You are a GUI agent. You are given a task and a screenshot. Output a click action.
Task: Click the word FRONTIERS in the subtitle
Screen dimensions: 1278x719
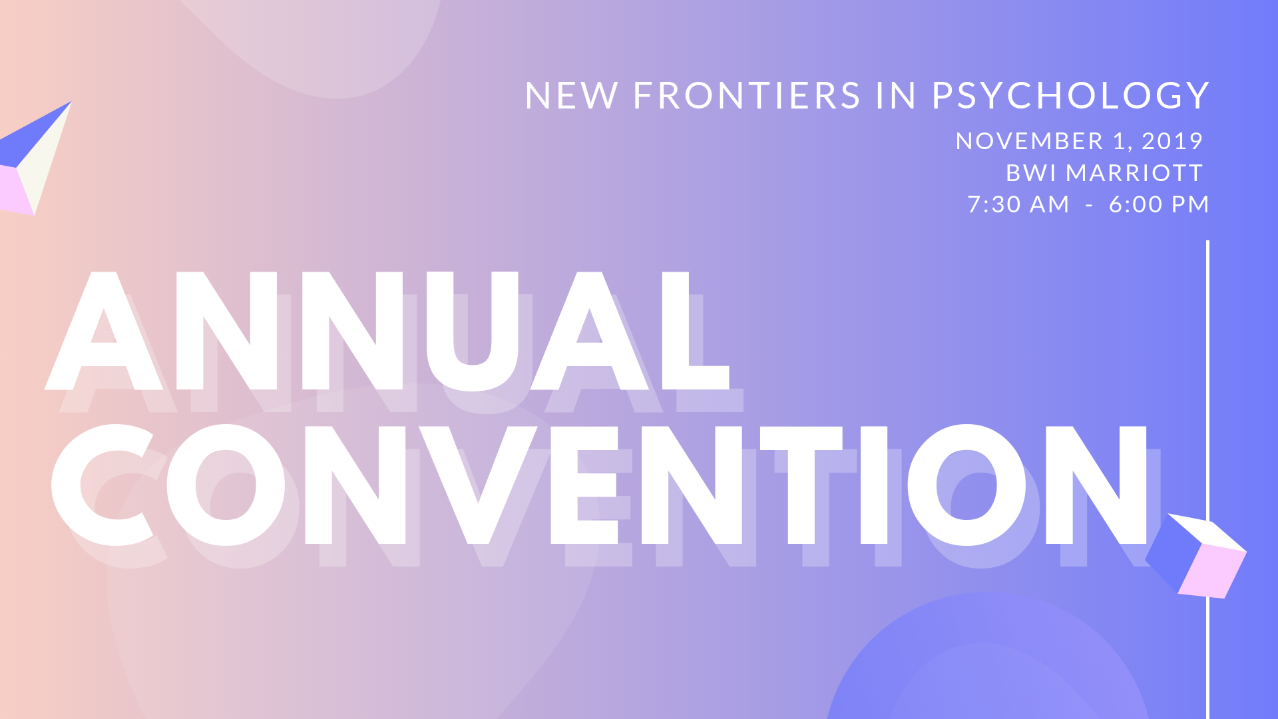pyautogui.click(x=747, y=96)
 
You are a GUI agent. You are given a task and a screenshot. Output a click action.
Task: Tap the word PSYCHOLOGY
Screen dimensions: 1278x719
pyautogui.click(x=1070, y=96)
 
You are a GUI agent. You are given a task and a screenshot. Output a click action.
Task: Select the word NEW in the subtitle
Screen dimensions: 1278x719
pyautogui.click(x=571, y=96)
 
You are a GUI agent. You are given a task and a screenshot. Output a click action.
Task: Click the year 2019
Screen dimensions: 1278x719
pyautogui.click(x=1172, y=141)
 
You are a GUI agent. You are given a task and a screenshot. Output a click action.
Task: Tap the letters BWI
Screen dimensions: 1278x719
pyautogui.click(x=1031, y=173)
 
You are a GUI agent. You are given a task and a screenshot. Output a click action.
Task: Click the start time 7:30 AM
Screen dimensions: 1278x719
pyautogui.click(x=1018, y=204)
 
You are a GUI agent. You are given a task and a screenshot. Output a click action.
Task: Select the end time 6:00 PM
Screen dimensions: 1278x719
pyautogui.click(x=1159, y=204)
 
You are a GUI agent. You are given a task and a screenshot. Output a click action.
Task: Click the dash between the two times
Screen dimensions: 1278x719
pyautogui.click(x=1089, y=206)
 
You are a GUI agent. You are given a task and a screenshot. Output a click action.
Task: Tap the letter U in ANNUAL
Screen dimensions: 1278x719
pyautogui.click(x=473, y=332)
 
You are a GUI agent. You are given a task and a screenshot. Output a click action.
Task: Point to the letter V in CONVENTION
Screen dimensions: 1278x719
pyautogui.click(x=479, y=485)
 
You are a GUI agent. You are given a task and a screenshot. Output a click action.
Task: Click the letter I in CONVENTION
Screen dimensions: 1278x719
pyautogui.click(x=874, y=485)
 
